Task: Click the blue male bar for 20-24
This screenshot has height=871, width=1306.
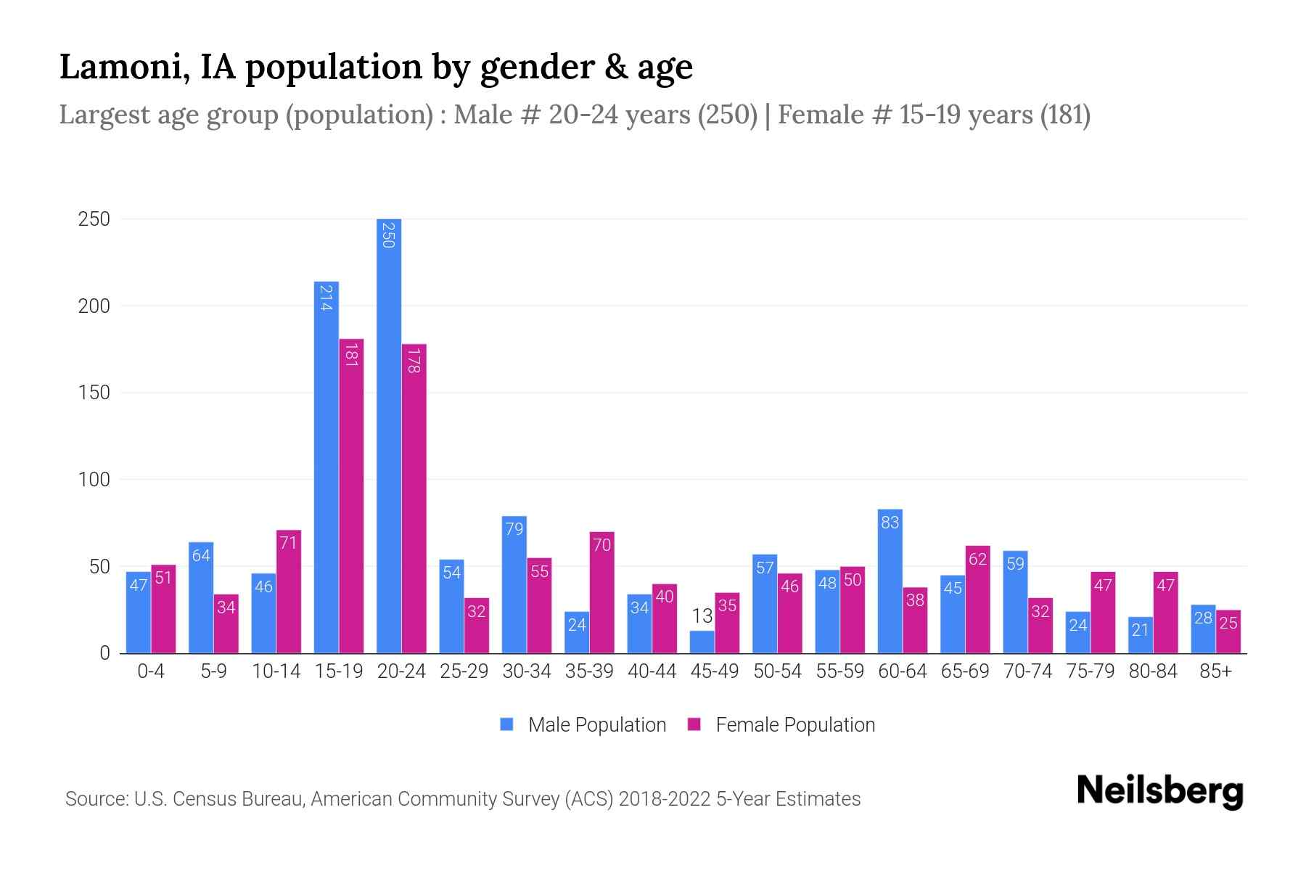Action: click(x=389, y=435)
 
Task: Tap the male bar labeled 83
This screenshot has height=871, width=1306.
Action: click(x=890, y=581)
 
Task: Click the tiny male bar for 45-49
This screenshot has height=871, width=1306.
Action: click(x=702, y=642)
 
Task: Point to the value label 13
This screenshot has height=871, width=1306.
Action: click(x=702, y=616)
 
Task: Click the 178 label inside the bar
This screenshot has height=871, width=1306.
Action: click(x=414, y=361)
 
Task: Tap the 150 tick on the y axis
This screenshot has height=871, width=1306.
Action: click(x=94, y=393)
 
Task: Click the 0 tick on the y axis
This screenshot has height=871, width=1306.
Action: click(x=104, y=653)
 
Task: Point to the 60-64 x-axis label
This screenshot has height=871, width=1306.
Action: click(x=902, y=671)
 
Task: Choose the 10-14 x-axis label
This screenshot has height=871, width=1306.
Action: click(x=276, y=671)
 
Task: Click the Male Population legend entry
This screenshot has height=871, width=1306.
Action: click(x=596, y=725)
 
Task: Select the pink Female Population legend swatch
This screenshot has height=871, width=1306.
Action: click(x=694, y=724)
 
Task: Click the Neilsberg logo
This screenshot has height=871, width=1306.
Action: click(x=1159, y=791)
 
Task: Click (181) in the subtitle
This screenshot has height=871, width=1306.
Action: click(x=1064, y=115)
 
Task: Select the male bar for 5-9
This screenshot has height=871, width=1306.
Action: click(x=201, y=597)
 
